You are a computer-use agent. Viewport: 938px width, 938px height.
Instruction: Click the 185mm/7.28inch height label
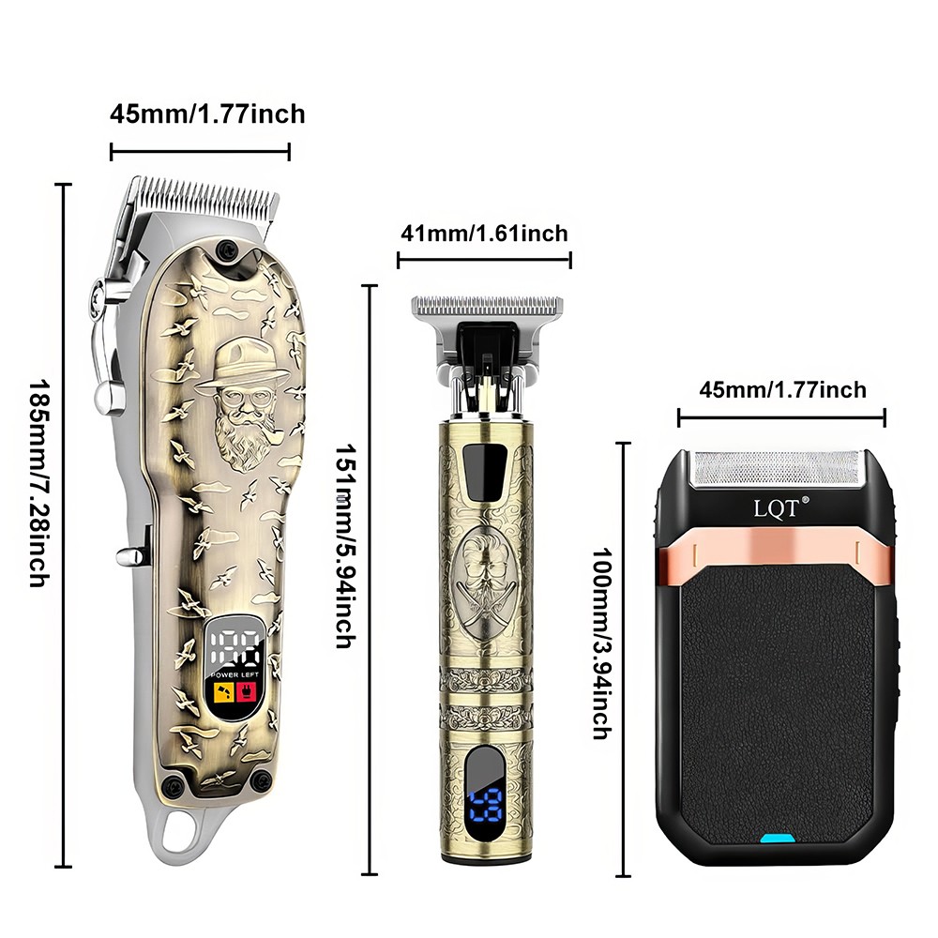(37, 484)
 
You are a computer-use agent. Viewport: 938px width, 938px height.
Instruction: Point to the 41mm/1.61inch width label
(484, 233)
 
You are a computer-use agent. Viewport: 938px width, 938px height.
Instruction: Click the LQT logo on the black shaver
(774, 509)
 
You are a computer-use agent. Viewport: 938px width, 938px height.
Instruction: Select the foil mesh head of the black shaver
(778, 469)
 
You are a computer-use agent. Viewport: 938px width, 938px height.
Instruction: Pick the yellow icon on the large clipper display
(225, 695)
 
